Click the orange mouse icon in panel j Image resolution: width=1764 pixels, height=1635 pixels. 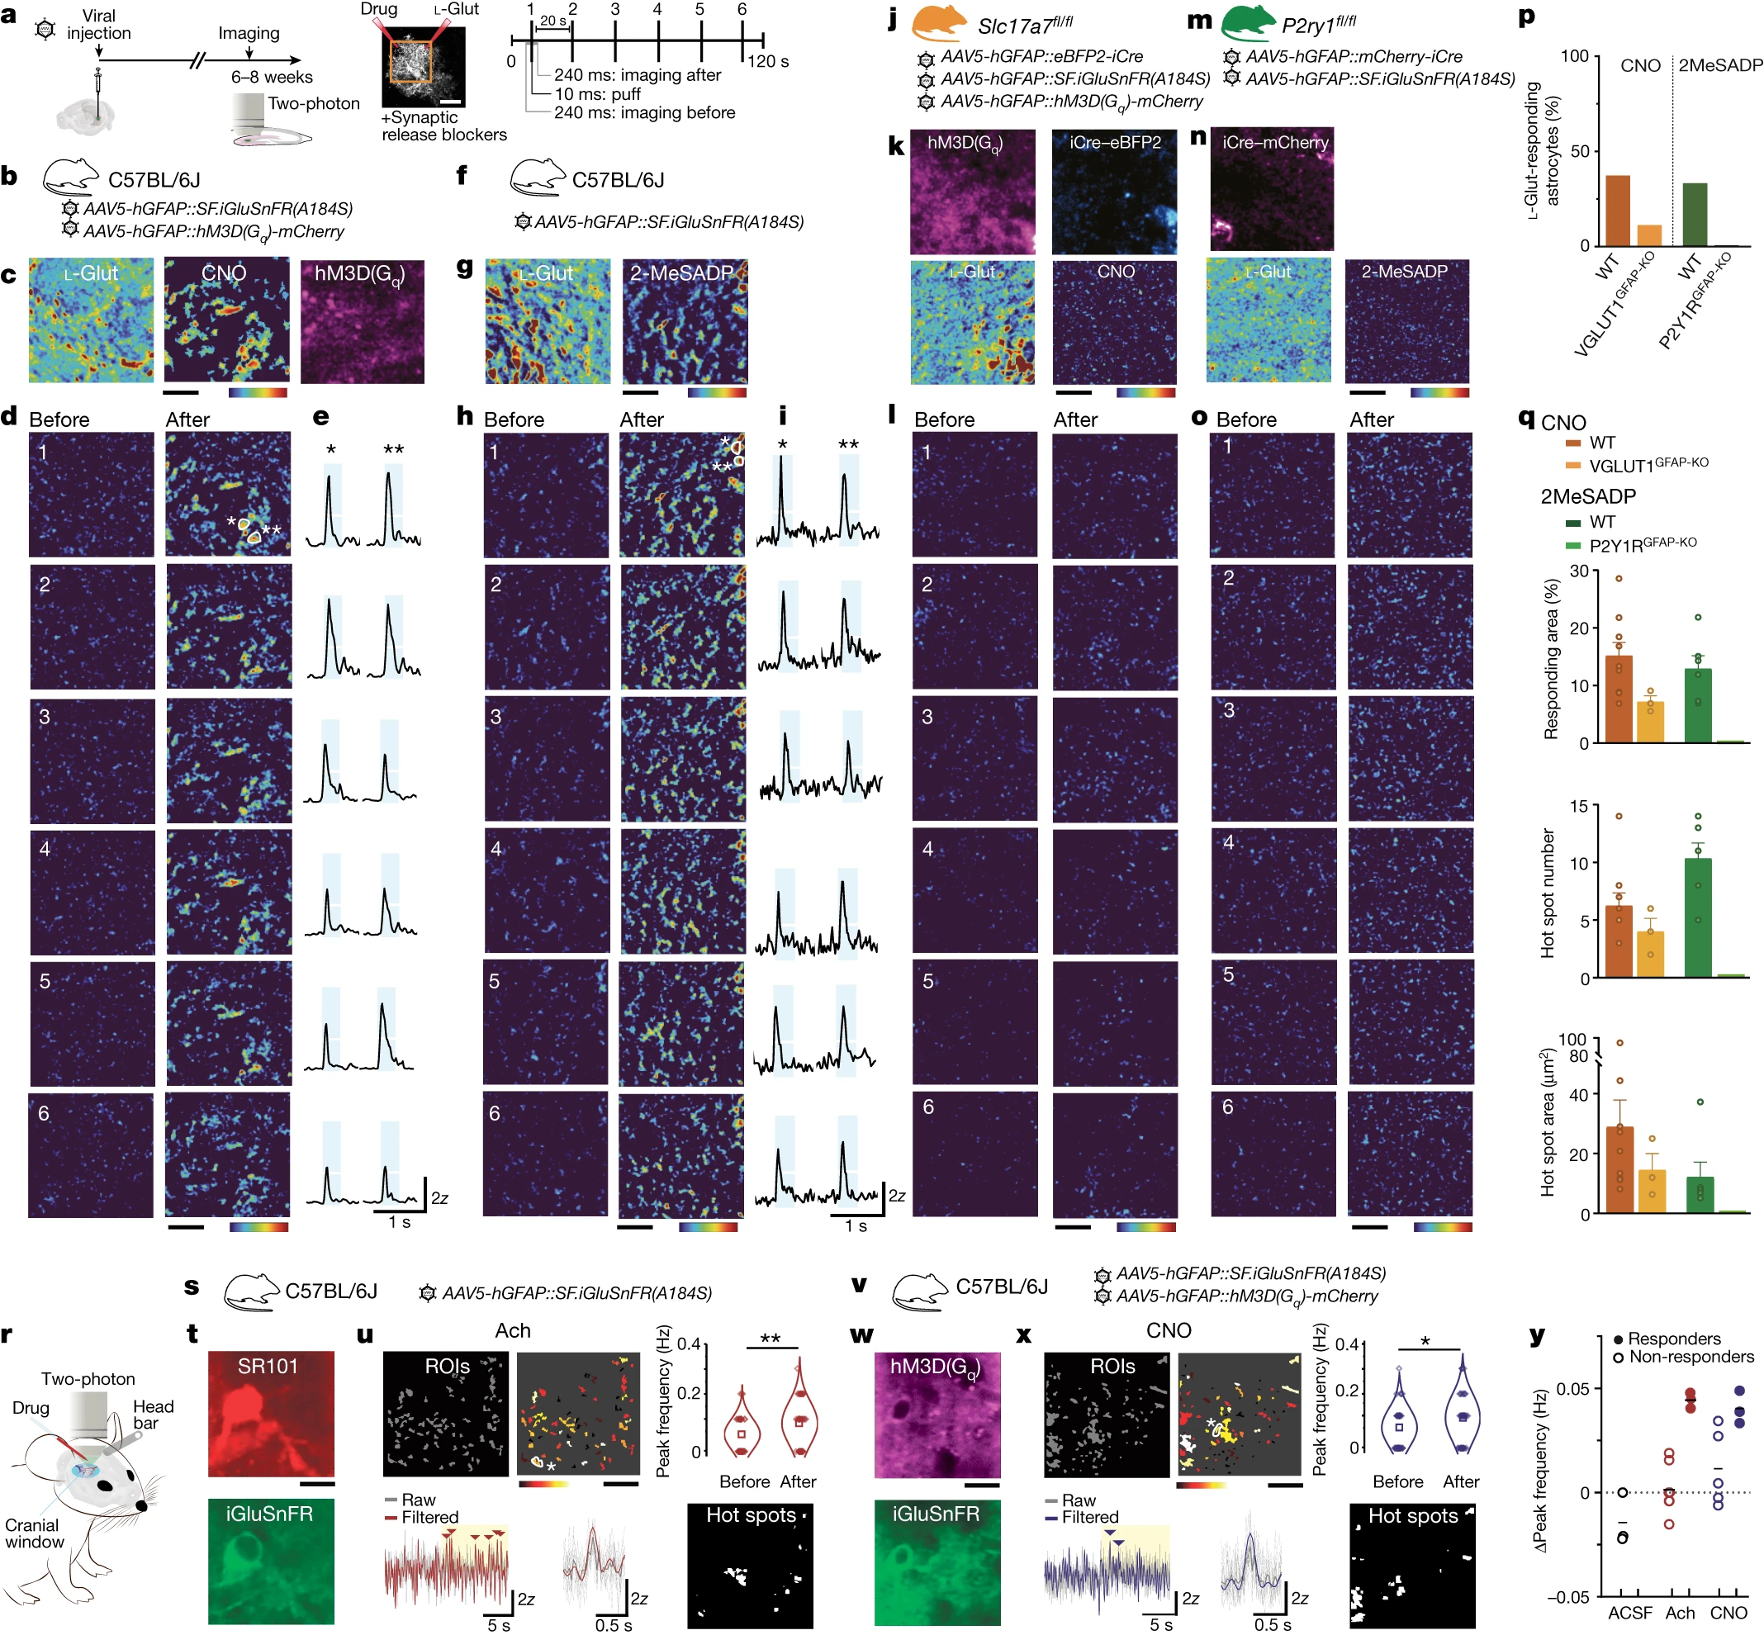940,24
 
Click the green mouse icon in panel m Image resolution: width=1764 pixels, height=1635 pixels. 1247,24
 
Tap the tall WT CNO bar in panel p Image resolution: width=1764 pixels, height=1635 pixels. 1617,211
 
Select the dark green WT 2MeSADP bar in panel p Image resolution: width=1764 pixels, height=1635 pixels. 1694,214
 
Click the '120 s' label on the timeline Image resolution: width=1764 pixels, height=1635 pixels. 767,62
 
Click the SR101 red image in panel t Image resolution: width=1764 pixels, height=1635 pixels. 271,1413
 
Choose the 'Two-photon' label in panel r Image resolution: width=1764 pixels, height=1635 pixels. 88,1378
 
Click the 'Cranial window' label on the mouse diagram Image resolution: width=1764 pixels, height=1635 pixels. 34,1533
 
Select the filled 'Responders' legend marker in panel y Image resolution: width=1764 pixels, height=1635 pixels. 1618,1339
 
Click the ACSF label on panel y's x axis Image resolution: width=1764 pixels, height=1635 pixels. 1629,1612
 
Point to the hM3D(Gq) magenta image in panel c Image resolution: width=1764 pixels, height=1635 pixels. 362,321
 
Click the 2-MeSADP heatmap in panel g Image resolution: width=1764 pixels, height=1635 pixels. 685,321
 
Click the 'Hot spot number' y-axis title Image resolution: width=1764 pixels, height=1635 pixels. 1548,893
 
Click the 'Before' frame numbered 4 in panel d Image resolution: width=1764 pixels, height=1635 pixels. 92,892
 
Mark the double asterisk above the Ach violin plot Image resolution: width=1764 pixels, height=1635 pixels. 770,1338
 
